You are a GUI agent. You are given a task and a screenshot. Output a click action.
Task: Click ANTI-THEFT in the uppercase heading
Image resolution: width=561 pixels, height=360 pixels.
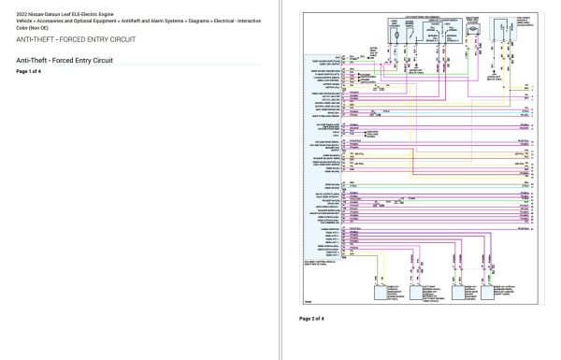(36, 39)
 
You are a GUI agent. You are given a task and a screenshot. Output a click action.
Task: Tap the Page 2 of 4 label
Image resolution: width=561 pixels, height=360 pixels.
(311, 319)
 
